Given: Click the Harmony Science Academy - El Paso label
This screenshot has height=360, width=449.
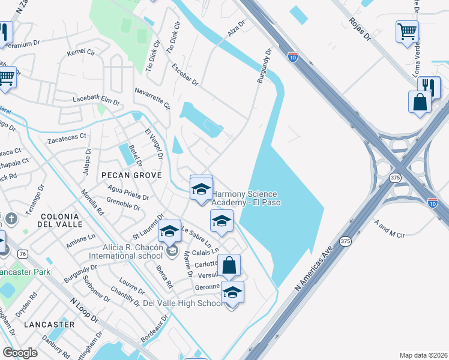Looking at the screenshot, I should coord(246,198).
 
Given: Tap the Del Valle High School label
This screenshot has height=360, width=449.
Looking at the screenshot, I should coord(183,304).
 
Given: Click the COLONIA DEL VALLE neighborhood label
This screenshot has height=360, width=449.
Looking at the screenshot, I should coord(59,221).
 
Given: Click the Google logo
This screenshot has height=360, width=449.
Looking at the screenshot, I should coord(20,352).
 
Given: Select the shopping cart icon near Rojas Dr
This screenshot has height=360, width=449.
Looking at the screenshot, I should coord(407,31).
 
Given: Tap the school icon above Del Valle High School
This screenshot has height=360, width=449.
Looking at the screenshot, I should coord(232,292).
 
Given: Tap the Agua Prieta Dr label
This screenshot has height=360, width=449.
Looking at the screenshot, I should coord(127,193).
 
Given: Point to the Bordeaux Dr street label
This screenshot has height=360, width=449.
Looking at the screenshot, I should coord(154,329).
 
